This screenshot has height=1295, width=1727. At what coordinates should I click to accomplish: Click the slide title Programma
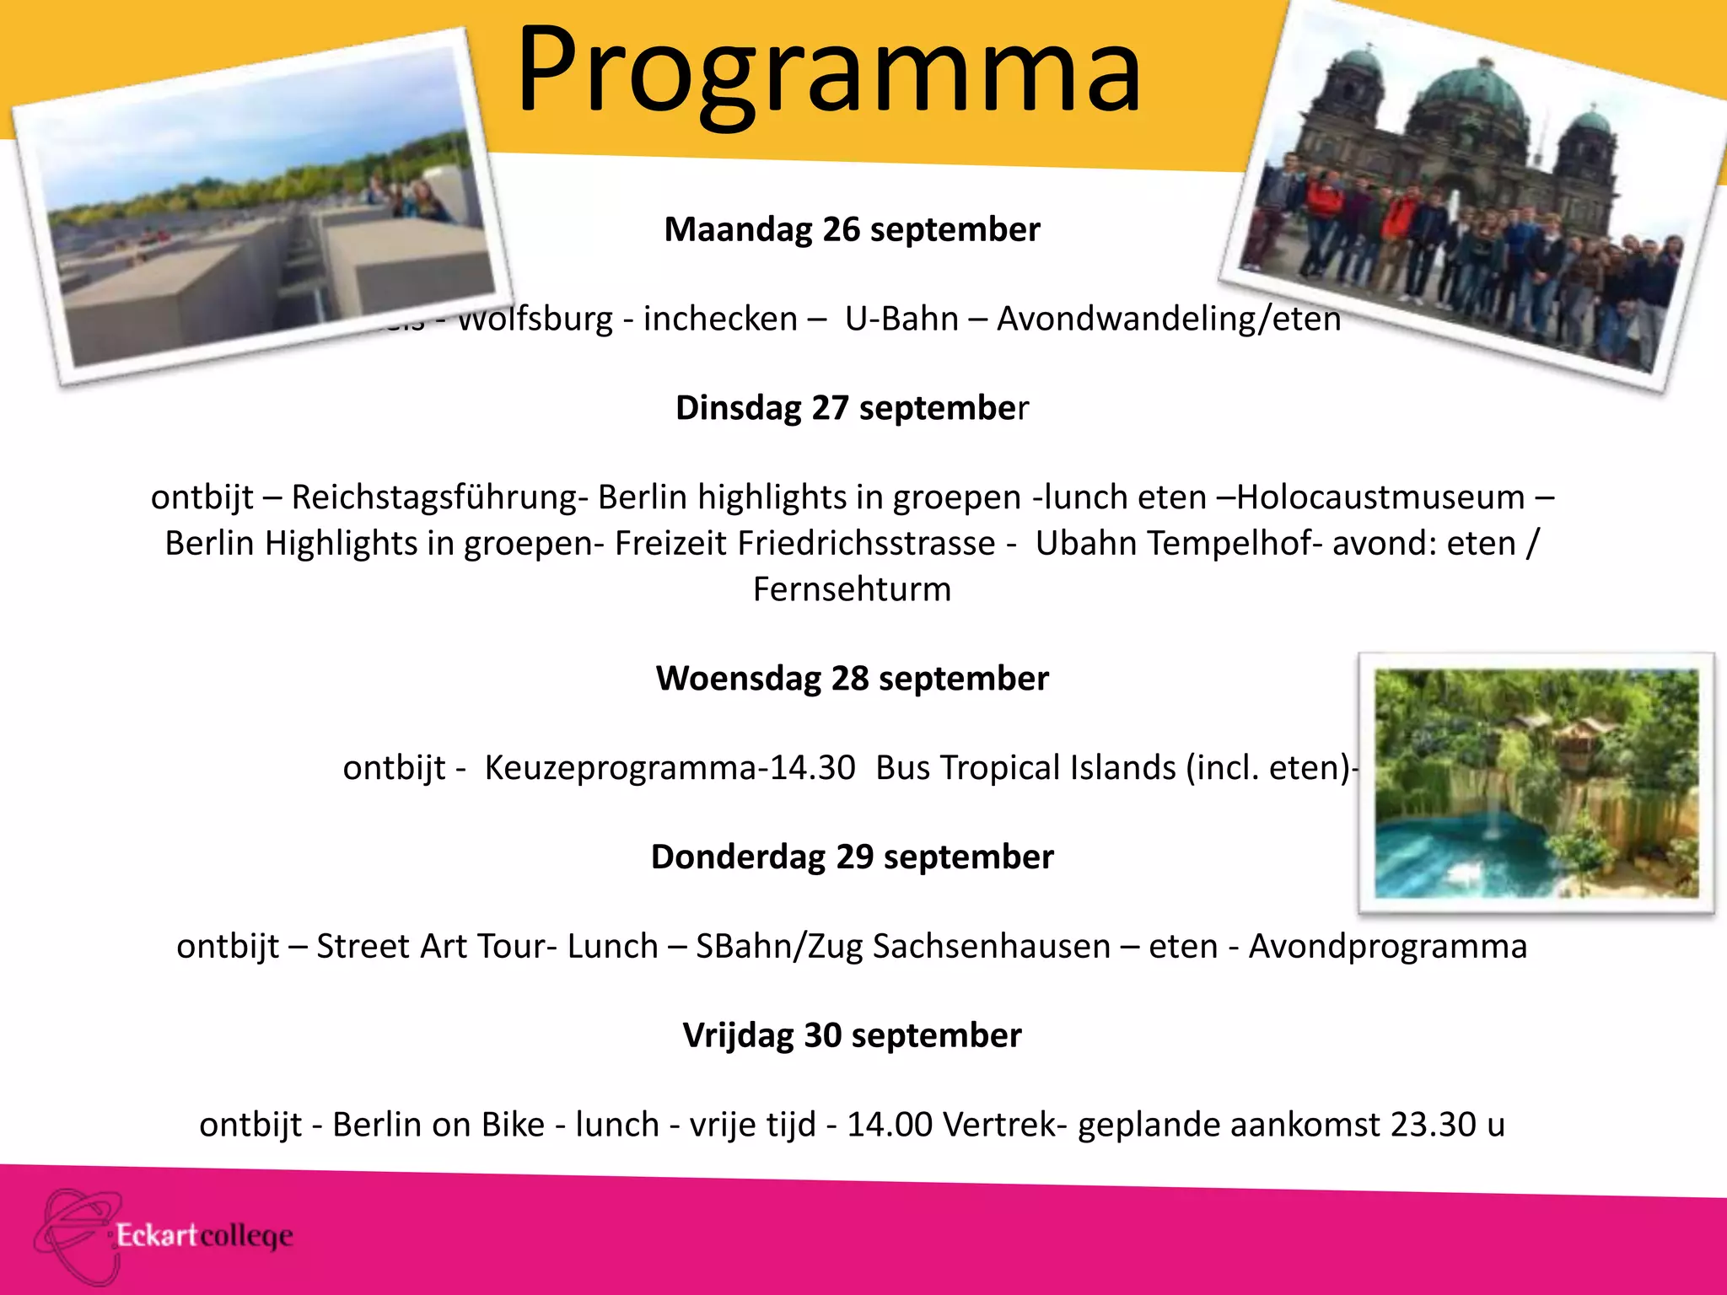coord(829,71)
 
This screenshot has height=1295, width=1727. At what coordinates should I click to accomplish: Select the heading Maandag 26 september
coord(852,229)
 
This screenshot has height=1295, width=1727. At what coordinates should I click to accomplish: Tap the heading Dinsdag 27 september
coord(852,408)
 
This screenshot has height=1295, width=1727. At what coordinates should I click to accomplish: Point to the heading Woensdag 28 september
coord(852,679)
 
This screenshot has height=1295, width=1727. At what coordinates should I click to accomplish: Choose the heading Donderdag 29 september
coord(852,857)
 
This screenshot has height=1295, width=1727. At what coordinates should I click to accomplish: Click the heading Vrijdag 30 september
coord(852,1035)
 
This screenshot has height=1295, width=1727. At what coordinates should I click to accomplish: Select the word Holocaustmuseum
coord(1380,497)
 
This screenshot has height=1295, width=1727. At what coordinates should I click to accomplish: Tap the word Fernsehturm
coord(852,589)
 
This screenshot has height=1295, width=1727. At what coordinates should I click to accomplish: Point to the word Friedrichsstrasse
coord(867,544)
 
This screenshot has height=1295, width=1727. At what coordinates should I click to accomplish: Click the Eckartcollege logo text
coord(204,1236)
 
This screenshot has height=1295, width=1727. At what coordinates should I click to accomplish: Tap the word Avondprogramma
coord(1387,947)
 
